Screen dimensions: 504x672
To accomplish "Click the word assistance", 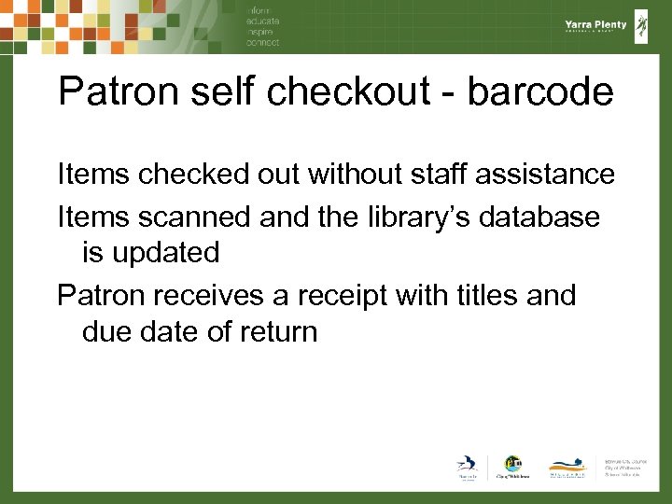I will click(545, 175).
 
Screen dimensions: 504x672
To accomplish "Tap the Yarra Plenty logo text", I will click(595, 25).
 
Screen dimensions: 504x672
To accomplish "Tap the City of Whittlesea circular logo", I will click(512, 465).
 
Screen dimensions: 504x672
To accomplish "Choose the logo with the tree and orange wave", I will click(567, 467).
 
